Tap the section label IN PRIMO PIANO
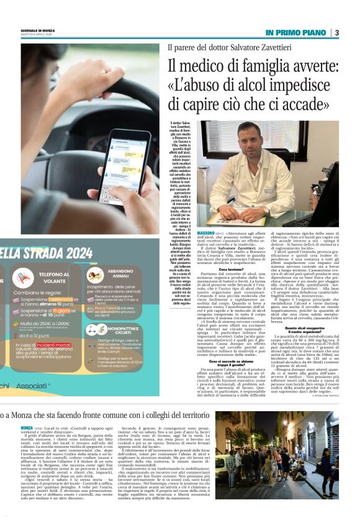click(x=297, y=32)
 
